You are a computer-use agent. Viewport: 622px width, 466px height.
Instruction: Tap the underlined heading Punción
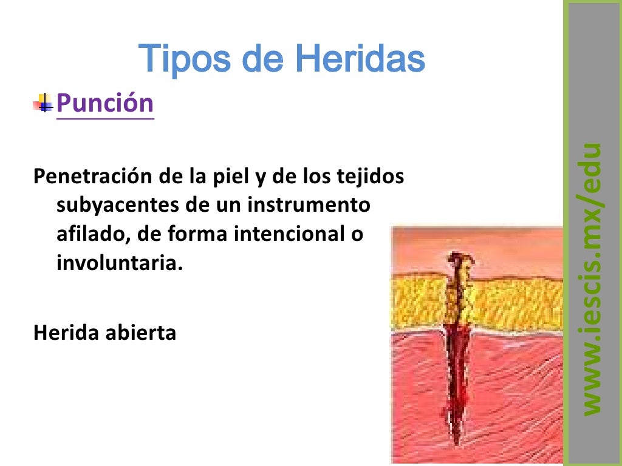[x=105, y=103]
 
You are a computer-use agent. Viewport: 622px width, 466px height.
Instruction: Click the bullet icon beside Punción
[x=43, y=104]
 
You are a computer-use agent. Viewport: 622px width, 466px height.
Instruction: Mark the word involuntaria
[x=118, y=264]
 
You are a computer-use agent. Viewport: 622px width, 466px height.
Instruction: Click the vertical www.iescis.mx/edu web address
[x=590, y=279]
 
